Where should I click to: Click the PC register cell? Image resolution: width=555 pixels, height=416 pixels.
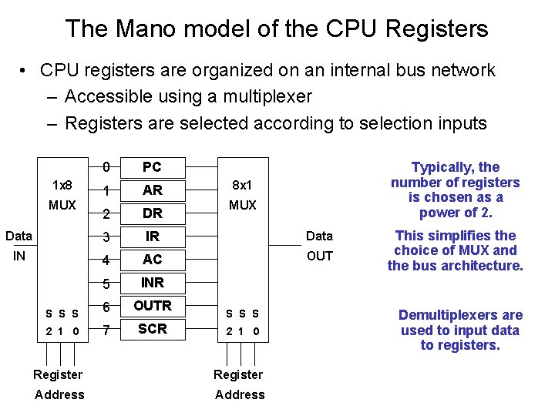point(152,167)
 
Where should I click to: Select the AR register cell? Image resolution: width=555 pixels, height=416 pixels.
point(152,190)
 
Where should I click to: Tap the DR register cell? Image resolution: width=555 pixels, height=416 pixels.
point(152,213)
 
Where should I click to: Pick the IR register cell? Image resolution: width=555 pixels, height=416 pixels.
point(152,237)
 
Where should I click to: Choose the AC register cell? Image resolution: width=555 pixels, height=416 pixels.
point(152,260)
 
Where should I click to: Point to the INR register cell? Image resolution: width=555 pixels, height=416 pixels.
point(152,283)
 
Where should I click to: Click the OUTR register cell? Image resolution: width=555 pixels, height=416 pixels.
point(152,306)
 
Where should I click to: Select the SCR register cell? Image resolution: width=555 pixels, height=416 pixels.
point(152,329)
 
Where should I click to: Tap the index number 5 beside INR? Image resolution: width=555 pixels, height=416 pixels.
point(109,283)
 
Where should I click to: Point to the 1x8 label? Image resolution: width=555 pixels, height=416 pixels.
point(62,186)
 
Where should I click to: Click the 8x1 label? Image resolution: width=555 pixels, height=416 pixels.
point(242,186)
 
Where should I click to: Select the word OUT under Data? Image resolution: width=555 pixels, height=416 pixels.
point(319,256)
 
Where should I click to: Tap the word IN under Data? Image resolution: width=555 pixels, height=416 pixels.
point(19,256)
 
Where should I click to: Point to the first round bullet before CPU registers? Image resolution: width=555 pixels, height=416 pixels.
point(25,71)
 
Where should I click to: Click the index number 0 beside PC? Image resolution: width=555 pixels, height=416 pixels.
point(109,167)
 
